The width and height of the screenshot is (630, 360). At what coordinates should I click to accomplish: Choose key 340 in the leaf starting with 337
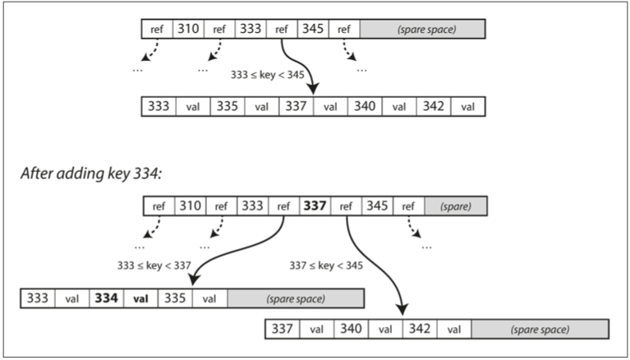pyautogui.click(x=352, y=329)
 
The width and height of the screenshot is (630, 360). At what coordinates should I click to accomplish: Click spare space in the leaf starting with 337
pyautogui.click(x=540, y=329)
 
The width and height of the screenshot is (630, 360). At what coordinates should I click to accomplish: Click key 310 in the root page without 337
pyautogui.click(x=188, y=30)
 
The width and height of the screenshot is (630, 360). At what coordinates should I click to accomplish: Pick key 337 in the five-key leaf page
pyautogui.click(x=296, y=106)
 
